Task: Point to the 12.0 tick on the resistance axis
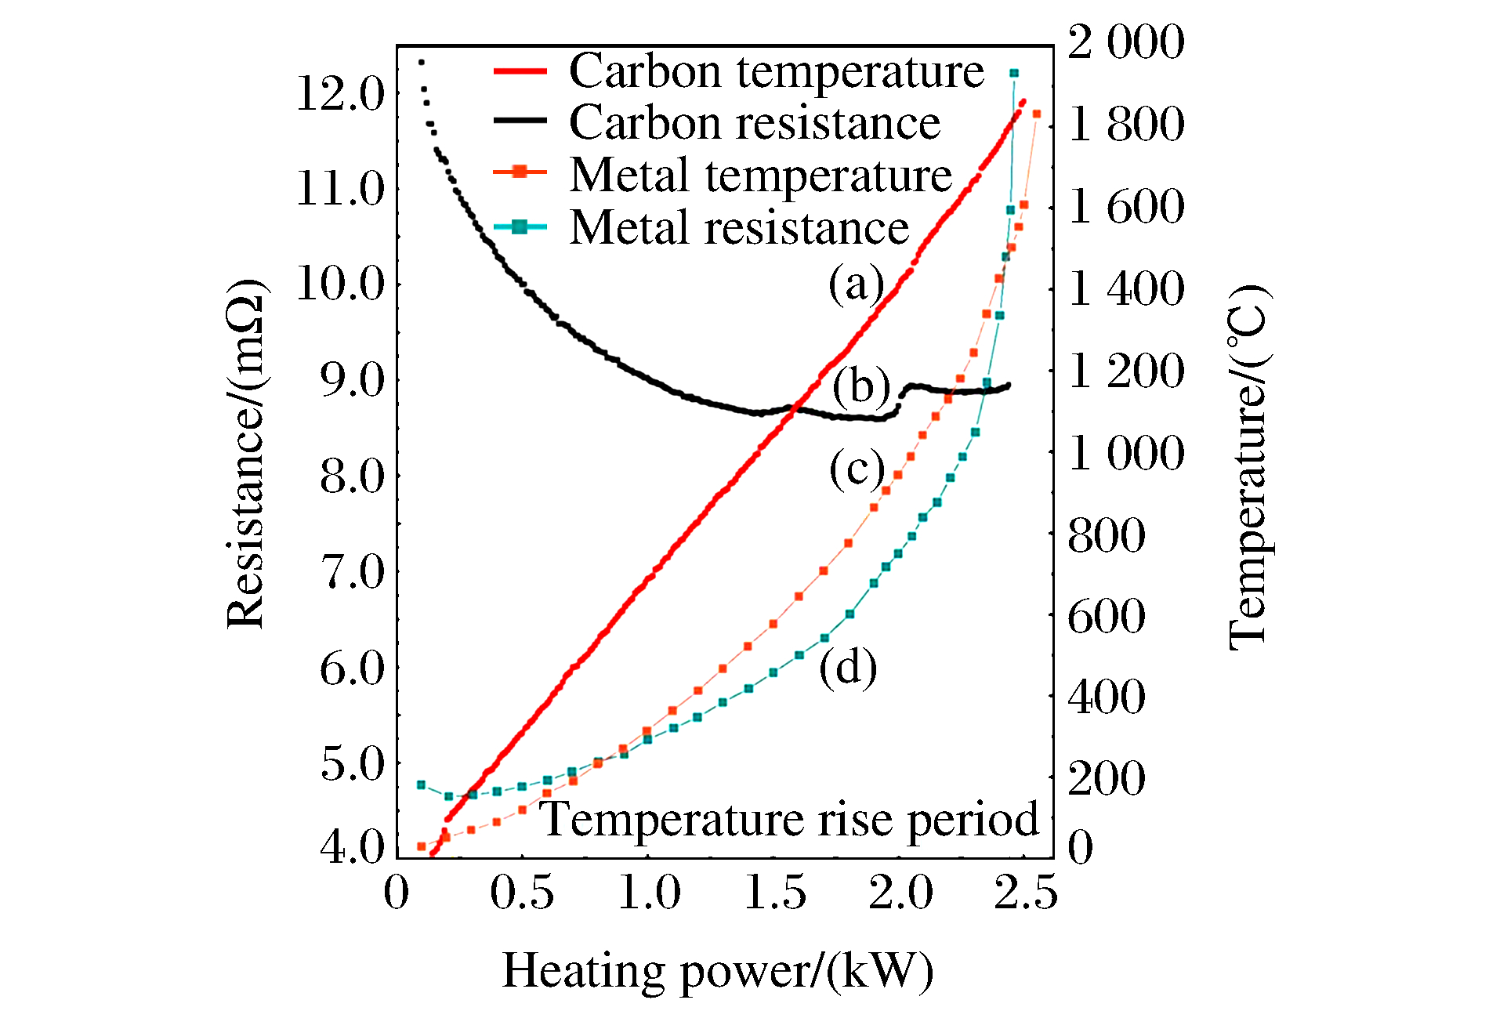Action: [x=341, y=95]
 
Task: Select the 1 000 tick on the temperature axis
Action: [x=1125, y=452]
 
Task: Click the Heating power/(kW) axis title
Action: [x=717, y=970]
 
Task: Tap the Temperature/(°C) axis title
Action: [x=1248, y=467]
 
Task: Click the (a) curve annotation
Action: [x=856, y=283]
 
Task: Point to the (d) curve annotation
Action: [x=848, y=668]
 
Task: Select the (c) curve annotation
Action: [x=857, y=469]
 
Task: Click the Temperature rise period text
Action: [x=790, y=820]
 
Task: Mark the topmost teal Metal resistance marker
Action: [x=1014, y=73]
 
